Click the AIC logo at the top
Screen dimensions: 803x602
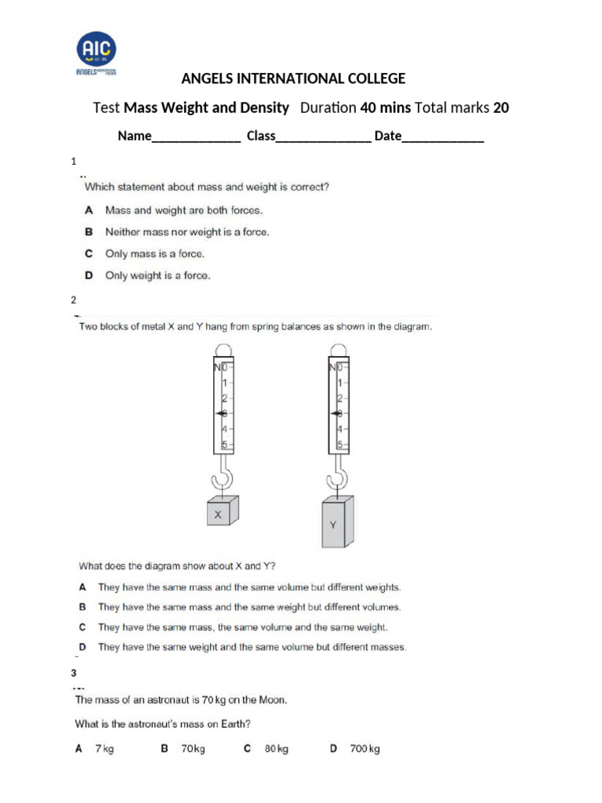(96, 53)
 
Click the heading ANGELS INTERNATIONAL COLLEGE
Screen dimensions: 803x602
(293, 78)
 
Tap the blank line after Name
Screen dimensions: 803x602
(195, 136)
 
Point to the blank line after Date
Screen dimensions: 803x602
(443, 136)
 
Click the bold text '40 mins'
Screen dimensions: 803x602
(385, 107)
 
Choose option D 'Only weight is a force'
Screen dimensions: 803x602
(157, 275)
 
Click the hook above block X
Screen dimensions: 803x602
(223, 475)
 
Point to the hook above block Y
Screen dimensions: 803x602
(339, 475)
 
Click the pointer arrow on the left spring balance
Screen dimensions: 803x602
(219, 413)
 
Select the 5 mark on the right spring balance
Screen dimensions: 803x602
(340, 445)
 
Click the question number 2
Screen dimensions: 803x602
(74, 300)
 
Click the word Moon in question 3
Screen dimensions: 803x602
(271, 699)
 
